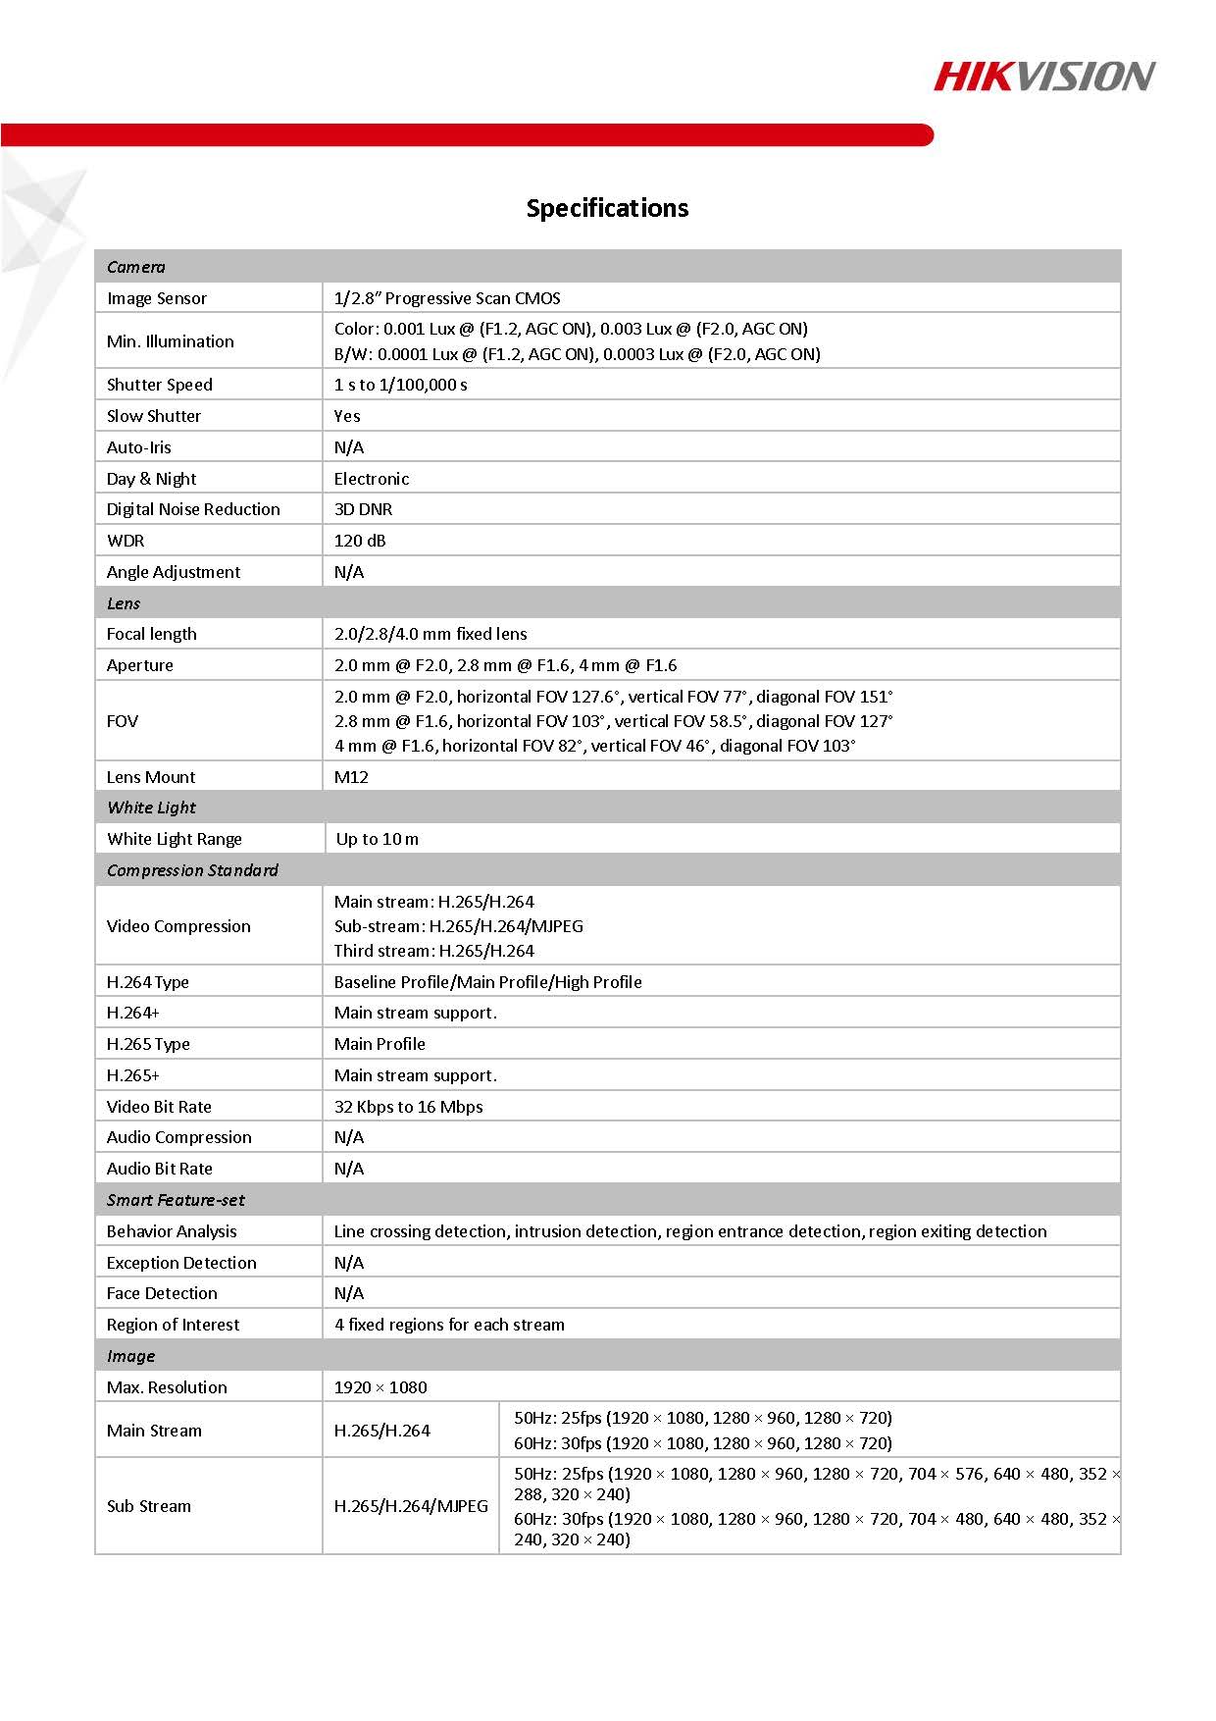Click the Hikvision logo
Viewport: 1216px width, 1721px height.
click(1043, 77)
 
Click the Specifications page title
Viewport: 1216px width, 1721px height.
click(607, 208)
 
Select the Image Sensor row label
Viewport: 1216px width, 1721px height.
click(157, 298)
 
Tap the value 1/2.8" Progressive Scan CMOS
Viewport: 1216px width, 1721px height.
click(447, 298)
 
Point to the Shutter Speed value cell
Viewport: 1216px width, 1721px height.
click(401, 385)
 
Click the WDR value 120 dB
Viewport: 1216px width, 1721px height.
click(360, 541)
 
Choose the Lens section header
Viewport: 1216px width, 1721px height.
click(124, 603)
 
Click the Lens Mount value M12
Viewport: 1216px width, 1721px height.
click(351, 777)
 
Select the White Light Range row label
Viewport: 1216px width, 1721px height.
click(175, 839)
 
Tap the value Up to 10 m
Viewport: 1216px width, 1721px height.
click(377, 839)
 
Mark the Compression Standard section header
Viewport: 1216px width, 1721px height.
click(192, 870)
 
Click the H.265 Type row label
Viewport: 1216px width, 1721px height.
click(148, 1044)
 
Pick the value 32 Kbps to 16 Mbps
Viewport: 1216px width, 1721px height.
click(408, 1107)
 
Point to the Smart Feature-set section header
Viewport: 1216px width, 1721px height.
click(176, 1200)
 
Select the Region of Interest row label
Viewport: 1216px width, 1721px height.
click(173, 1325)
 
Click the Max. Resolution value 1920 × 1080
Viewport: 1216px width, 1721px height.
click(380, 1387)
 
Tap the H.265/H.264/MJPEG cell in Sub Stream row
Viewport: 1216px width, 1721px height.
click(411, 1506)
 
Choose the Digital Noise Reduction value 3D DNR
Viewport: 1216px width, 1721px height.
click(363, 509)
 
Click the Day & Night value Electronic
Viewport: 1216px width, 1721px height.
click(372, 479)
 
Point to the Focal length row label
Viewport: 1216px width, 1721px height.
click(152, 634)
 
